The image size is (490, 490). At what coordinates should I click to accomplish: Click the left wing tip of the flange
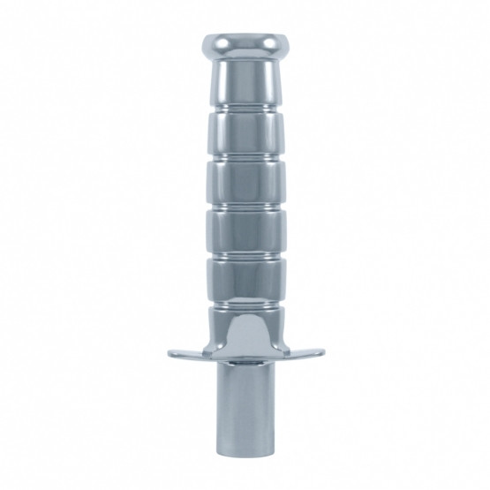point(173,354)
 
